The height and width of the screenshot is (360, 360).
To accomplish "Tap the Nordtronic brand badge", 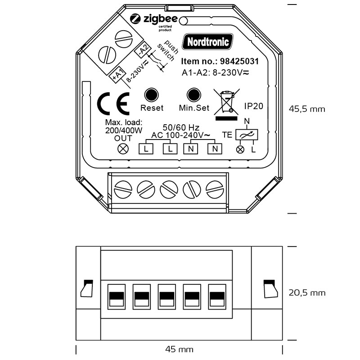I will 208,42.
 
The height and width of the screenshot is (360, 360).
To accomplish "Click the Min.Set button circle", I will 193,95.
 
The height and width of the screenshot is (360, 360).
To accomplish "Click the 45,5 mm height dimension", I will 307,109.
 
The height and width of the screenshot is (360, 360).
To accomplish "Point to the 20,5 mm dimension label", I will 307,293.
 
